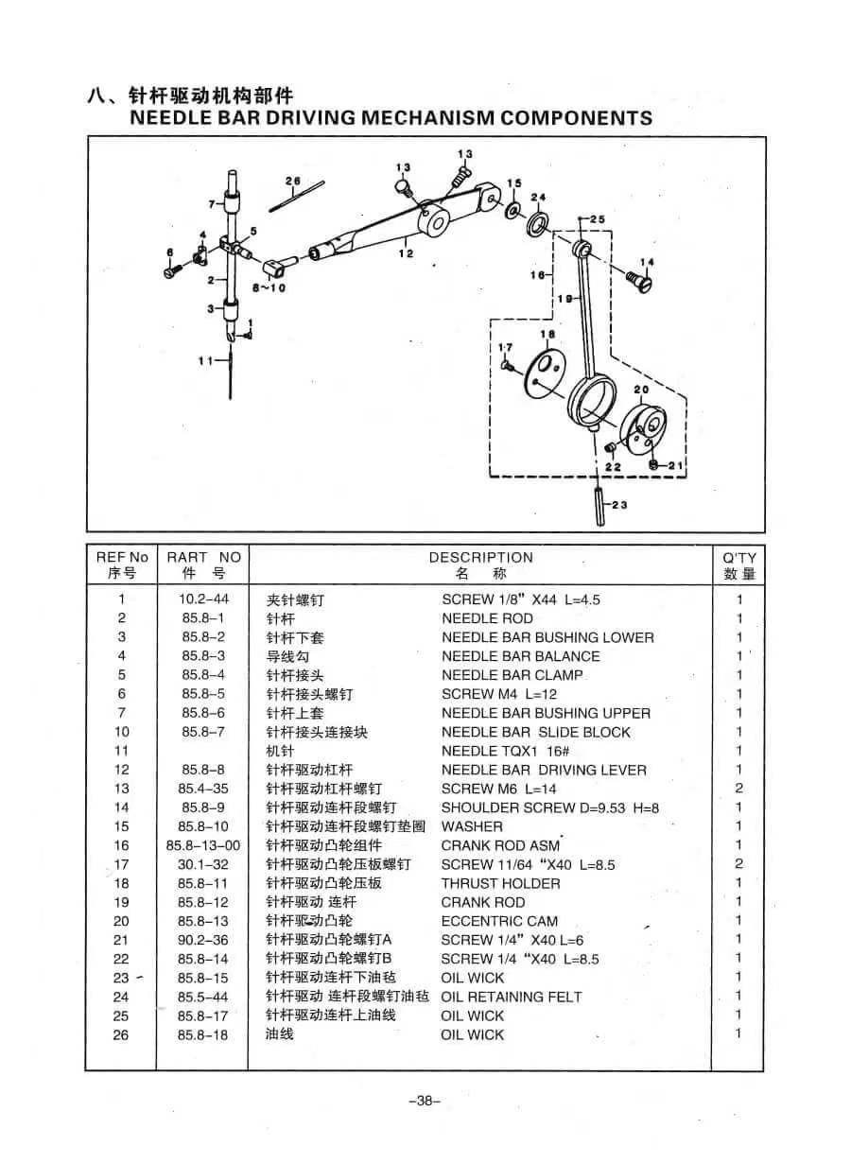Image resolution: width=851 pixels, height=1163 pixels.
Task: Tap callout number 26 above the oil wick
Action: click(293, 181)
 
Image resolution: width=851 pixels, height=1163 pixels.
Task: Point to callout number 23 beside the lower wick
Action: click(619, 504)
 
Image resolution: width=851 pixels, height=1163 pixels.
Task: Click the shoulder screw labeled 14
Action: click(640, 281)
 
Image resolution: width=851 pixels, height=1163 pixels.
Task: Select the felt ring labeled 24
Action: click(537, 222)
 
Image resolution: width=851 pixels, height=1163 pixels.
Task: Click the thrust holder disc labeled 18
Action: click(546, 373)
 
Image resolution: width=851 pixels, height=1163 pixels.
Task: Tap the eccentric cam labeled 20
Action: click(644, 430)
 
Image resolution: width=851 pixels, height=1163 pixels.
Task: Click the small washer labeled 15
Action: click(514, 210)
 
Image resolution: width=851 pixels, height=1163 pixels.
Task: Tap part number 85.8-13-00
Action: click(203, 845)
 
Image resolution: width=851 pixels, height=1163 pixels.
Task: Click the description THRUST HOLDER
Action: click(500, 884)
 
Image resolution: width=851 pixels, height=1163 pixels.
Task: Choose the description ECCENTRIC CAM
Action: click(499, 922)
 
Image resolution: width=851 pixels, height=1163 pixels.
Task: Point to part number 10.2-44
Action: click(203, 599)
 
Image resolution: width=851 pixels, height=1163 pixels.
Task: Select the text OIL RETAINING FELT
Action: click(512, 998)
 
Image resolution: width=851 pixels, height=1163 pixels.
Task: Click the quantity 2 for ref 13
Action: click(738, 789)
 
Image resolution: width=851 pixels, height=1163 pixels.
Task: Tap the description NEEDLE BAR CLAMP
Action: click(512, 675)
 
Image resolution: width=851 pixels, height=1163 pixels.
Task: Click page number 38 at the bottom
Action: click(425, 1102)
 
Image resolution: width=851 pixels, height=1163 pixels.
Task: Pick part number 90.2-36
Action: click(203, 940)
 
